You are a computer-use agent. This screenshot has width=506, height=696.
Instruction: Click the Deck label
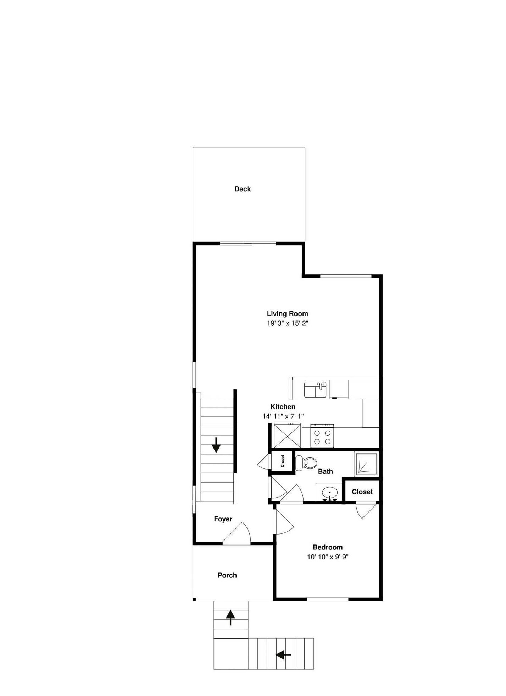[243, 189]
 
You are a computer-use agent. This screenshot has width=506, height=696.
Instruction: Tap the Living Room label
[288, 314]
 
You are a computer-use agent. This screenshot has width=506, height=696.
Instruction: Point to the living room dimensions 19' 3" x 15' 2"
[288, 323]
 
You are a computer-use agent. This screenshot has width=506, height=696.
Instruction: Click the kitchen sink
[315, 390]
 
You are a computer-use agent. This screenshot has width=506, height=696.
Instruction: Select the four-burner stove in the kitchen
[322, 436]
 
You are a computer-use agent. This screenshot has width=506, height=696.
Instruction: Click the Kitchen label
[283, 407]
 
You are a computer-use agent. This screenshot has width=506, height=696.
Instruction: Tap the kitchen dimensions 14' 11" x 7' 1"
[283, 416]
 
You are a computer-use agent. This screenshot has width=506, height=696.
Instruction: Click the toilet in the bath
[306, 463]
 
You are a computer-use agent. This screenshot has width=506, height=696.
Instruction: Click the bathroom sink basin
[330, 493]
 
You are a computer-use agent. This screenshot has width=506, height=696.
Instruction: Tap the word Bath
[326, 472]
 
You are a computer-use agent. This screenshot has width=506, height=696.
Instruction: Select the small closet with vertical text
[283, 461]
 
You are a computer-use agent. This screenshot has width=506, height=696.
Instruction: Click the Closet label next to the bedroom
[362, 492]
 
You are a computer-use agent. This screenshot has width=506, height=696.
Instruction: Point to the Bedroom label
[328, 547]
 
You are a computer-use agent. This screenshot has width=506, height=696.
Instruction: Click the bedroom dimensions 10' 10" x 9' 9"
[328, 557]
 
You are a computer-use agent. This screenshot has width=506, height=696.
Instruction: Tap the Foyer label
[223, 519]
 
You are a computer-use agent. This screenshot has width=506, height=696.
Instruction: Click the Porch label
[227, 575]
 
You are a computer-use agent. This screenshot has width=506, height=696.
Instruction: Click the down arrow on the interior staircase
[216, 445]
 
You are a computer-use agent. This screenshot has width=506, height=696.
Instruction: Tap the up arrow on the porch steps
[230, 618]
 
